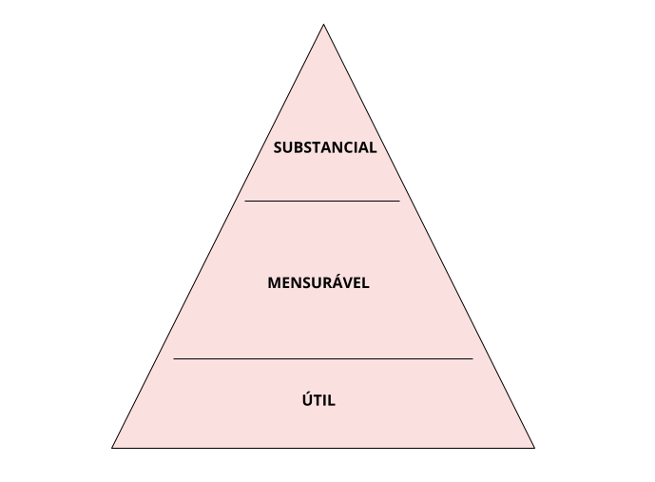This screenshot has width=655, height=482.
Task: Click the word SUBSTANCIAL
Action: click(x=324, y=147)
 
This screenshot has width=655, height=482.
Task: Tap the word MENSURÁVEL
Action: click(x=318, y=283)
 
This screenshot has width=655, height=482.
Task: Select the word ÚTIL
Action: click(x=318, y=400)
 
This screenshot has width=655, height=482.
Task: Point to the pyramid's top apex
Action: click(x=323, y=26)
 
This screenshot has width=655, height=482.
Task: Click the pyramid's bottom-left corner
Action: click(x=113, y=446)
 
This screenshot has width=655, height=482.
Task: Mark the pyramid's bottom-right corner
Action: click(x=533, y=446)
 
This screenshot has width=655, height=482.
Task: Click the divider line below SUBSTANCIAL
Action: click(x=322, y=201)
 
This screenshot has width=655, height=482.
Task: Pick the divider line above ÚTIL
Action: click(x=323, y=358)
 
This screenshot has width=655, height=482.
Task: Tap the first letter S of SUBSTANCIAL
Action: click(x=278, y=147)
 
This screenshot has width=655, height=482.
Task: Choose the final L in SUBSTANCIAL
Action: click(x=374, y=147)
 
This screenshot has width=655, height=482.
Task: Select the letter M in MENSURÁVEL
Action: click(x=274, y=283)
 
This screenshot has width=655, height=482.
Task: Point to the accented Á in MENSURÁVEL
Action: click(x=339, y=282)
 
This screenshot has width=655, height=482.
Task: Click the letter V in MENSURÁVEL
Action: click(x=350, y=283)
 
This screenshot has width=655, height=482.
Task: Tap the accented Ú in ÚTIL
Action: click(x=307, y=399)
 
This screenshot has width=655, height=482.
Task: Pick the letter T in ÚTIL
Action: click(x=318, y=400)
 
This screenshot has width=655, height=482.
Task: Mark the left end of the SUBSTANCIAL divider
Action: click(x=245, y=201)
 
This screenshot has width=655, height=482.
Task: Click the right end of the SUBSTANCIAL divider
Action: click(x=399, y=201)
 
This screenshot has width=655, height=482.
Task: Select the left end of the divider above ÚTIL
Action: click(x=174, y=358)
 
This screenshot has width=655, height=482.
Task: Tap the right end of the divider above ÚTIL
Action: click(x=472, y=358)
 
